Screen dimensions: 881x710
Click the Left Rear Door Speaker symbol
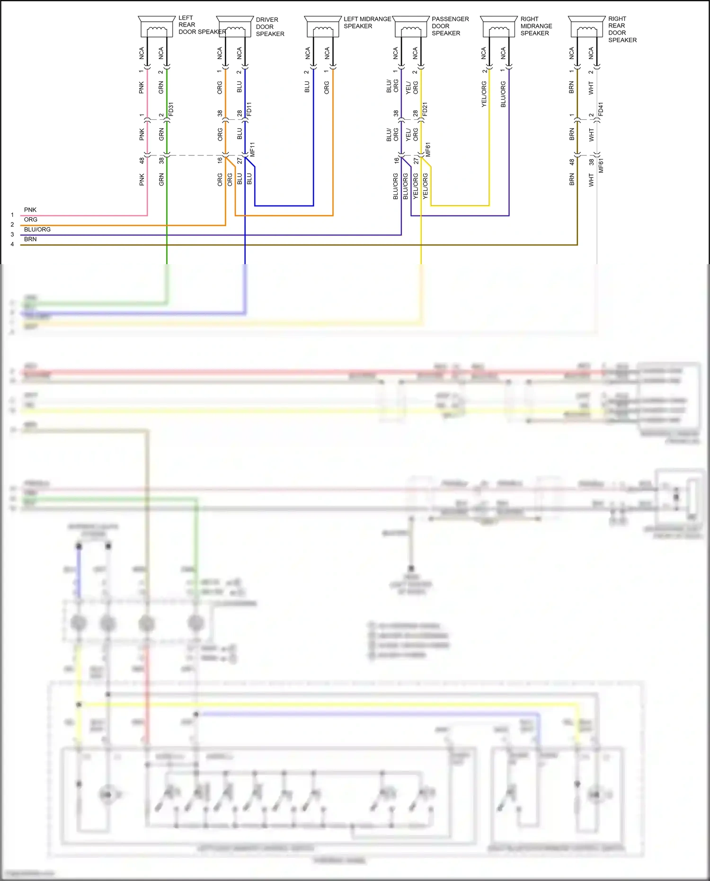(x=157, y=27)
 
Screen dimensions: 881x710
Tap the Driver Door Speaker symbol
(x=235, y=27)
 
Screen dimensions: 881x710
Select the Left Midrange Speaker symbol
(x=323, y=27)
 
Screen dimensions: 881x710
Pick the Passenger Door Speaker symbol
(x=411, y=27)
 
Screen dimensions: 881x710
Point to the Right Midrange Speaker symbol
(x=499, y=27)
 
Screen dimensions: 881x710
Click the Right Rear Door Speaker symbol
(x=586, y=27)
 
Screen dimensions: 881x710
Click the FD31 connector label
(x=171, y=109)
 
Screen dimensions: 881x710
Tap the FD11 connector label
(x=249, y=109)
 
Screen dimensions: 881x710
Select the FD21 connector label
(x=425, y=109)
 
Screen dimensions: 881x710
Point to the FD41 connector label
(x=601, y=109)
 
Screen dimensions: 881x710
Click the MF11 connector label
(x=252, y=150)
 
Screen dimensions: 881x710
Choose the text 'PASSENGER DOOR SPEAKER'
(x=450, y=26)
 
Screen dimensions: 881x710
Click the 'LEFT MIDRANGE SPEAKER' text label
(x=367, y=22)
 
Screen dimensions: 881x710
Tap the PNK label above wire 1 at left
(x=30, y=210)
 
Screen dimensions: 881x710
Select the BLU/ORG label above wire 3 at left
(x=37, y=230)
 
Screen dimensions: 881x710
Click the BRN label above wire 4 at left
(x=30, y=240)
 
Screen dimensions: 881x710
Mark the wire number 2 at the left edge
(x=12, y=225)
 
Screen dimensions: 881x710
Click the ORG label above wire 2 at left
(x=31, y=220)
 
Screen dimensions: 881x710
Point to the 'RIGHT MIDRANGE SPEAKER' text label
(x=536, y=26)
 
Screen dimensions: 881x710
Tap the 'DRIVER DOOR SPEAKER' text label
(x=270, y=27)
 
